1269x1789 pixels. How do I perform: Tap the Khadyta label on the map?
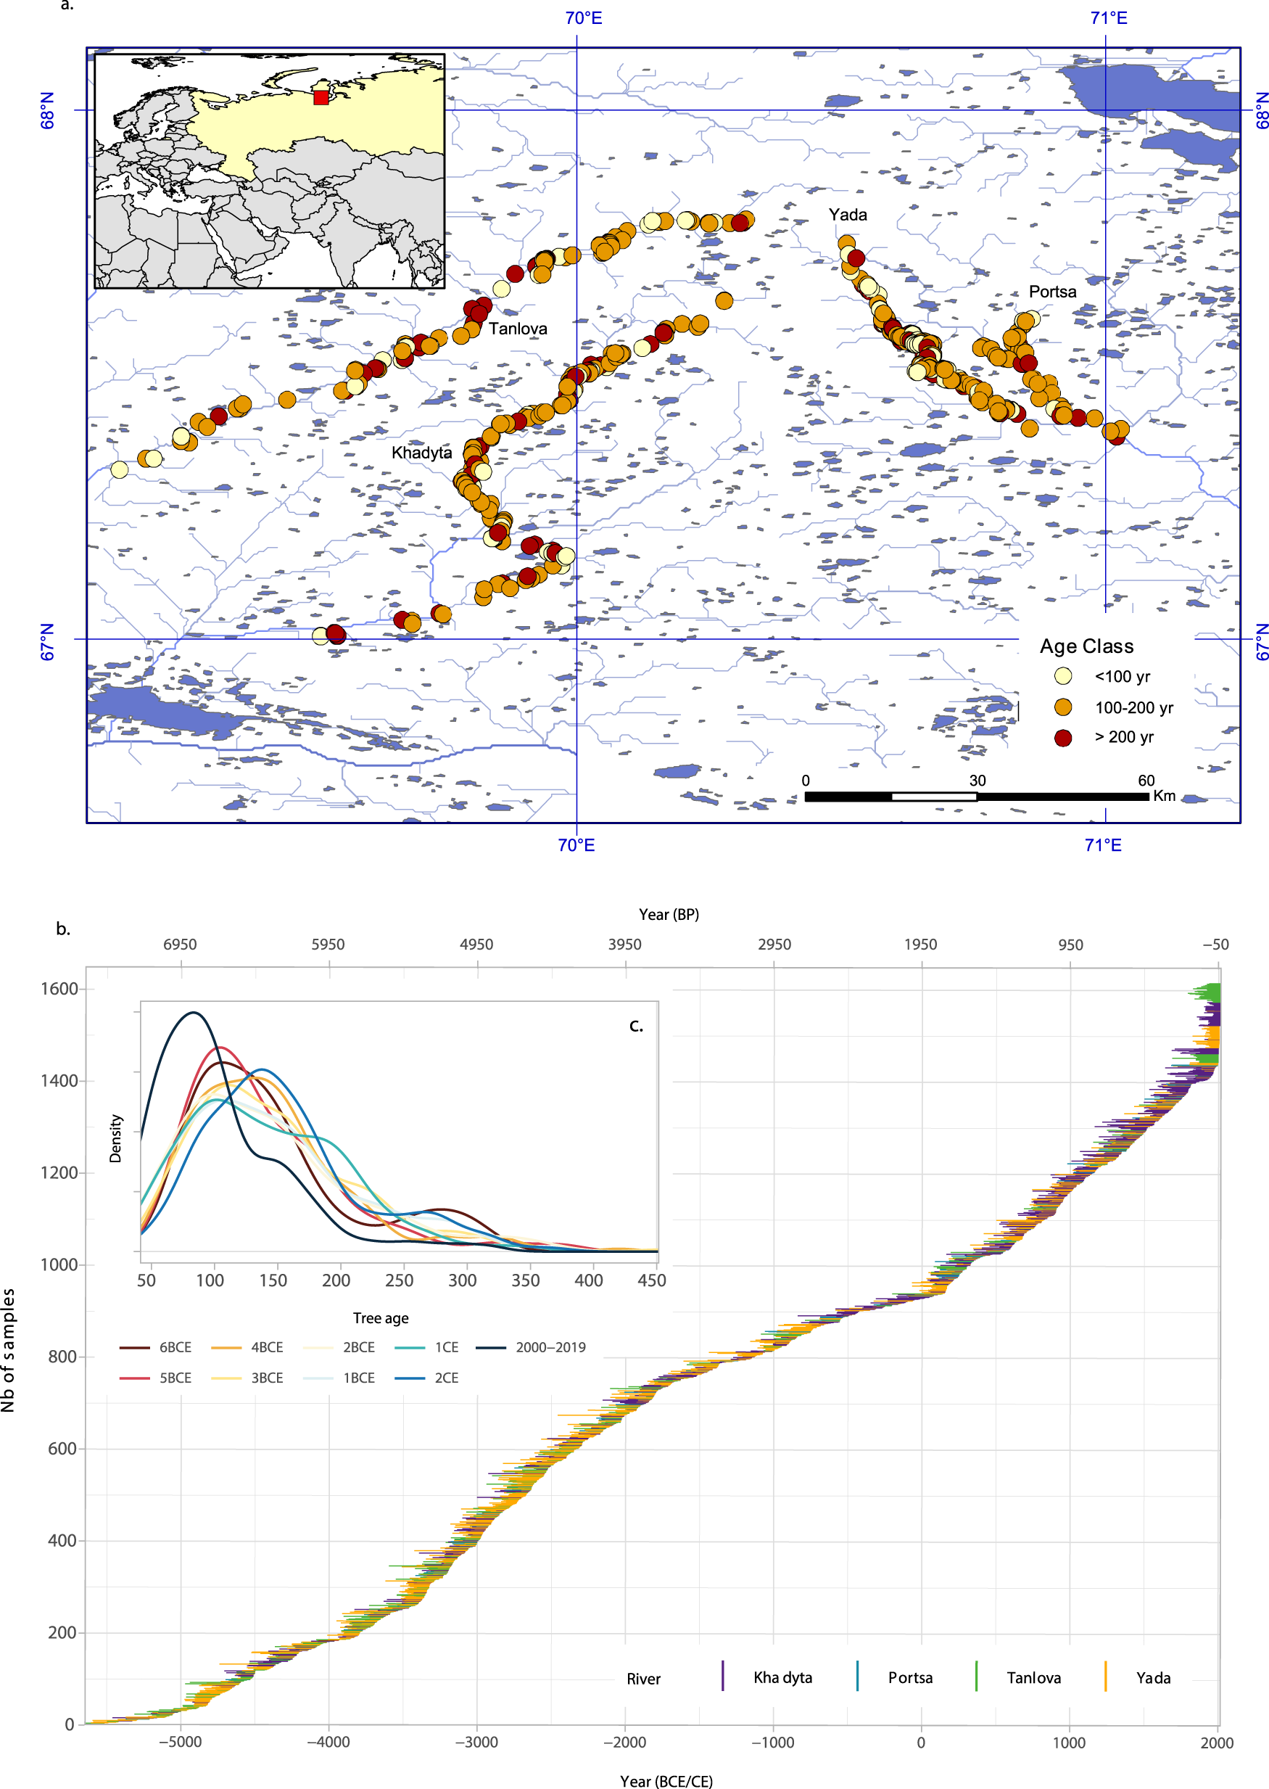pyautogui.click(x=421, y=453)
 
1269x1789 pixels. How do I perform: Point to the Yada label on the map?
pyautogui.click(x=847, y=214)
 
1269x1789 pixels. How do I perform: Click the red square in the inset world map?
pyautogui.click(x=321, y=98)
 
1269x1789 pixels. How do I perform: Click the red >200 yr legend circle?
pyautogui.click(x=1063, y=738)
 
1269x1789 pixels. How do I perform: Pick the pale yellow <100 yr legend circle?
pyautogui.click(x=1063, y=676)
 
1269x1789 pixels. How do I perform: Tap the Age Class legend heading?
pyautogui.click(x=1086, y=646)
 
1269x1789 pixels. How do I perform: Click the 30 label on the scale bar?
pyautogui.click(x=977, y=780)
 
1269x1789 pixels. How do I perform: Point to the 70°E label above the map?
pyautogui.click(x=583, y=18)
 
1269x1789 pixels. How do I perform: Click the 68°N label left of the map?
pyautogui.click(x=48, y=110)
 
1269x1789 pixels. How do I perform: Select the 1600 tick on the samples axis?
pyautogui.click(x=59, y=989)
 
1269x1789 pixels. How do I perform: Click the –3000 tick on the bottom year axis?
pyautogui.click(x=476, y=1742)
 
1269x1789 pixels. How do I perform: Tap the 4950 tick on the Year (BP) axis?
pyautogui.click(x=476, y=944)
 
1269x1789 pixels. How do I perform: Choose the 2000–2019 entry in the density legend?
pyautogui.click(x=550, y=1346)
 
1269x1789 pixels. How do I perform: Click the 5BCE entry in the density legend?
pyautogui.click(x=175, y=1377)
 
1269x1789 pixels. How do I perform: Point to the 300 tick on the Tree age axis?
pyautogui.click(x=462, y=1280)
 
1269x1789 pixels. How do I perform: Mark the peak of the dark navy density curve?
pyautogui.click(x=193, y=1013)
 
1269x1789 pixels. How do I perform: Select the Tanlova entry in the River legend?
pyautogui.click(x=1033, y=1677)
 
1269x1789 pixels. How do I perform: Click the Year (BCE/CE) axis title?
pyautogui.click(x=666, y=1781)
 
